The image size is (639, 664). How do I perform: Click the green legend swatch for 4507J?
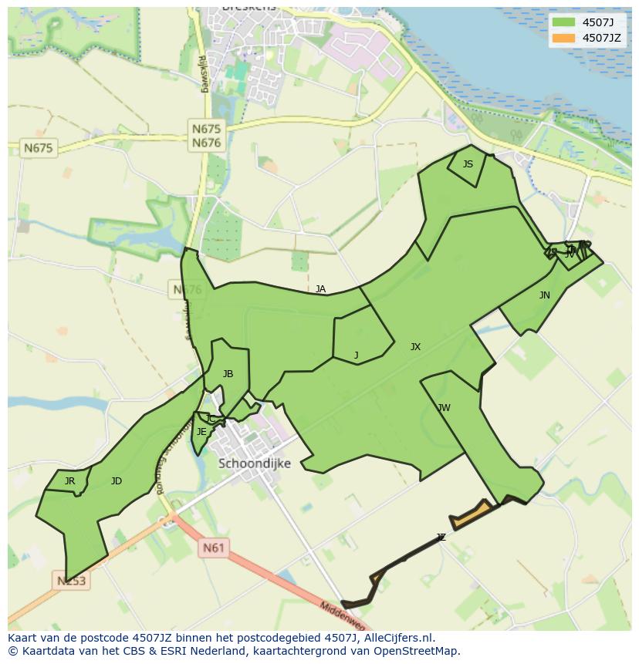[564, 22]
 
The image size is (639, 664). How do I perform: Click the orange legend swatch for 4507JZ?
[564, 38]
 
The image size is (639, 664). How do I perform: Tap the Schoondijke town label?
[255, 463]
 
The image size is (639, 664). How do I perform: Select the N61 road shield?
[214, 548]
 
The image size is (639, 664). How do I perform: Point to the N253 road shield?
[72, 580]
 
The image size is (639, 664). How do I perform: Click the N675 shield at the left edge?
[39, 147]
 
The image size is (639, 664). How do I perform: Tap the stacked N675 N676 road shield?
[206, 136]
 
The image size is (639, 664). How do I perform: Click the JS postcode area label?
[468, 164]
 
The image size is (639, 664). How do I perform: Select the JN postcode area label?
[545, 295]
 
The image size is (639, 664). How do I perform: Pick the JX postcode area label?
[415, 347]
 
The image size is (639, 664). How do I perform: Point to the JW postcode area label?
[444, 408]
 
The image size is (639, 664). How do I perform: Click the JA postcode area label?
[320, 289]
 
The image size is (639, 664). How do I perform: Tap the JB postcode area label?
[228, 374]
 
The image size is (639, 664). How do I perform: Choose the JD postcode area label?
[117, 481]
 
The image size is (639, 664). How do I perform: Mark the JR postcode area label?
[69, 481]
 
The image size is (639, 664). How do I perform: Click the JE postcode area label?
[201, 432]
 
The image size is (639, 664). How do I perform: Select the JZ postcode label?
[441, 538]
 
